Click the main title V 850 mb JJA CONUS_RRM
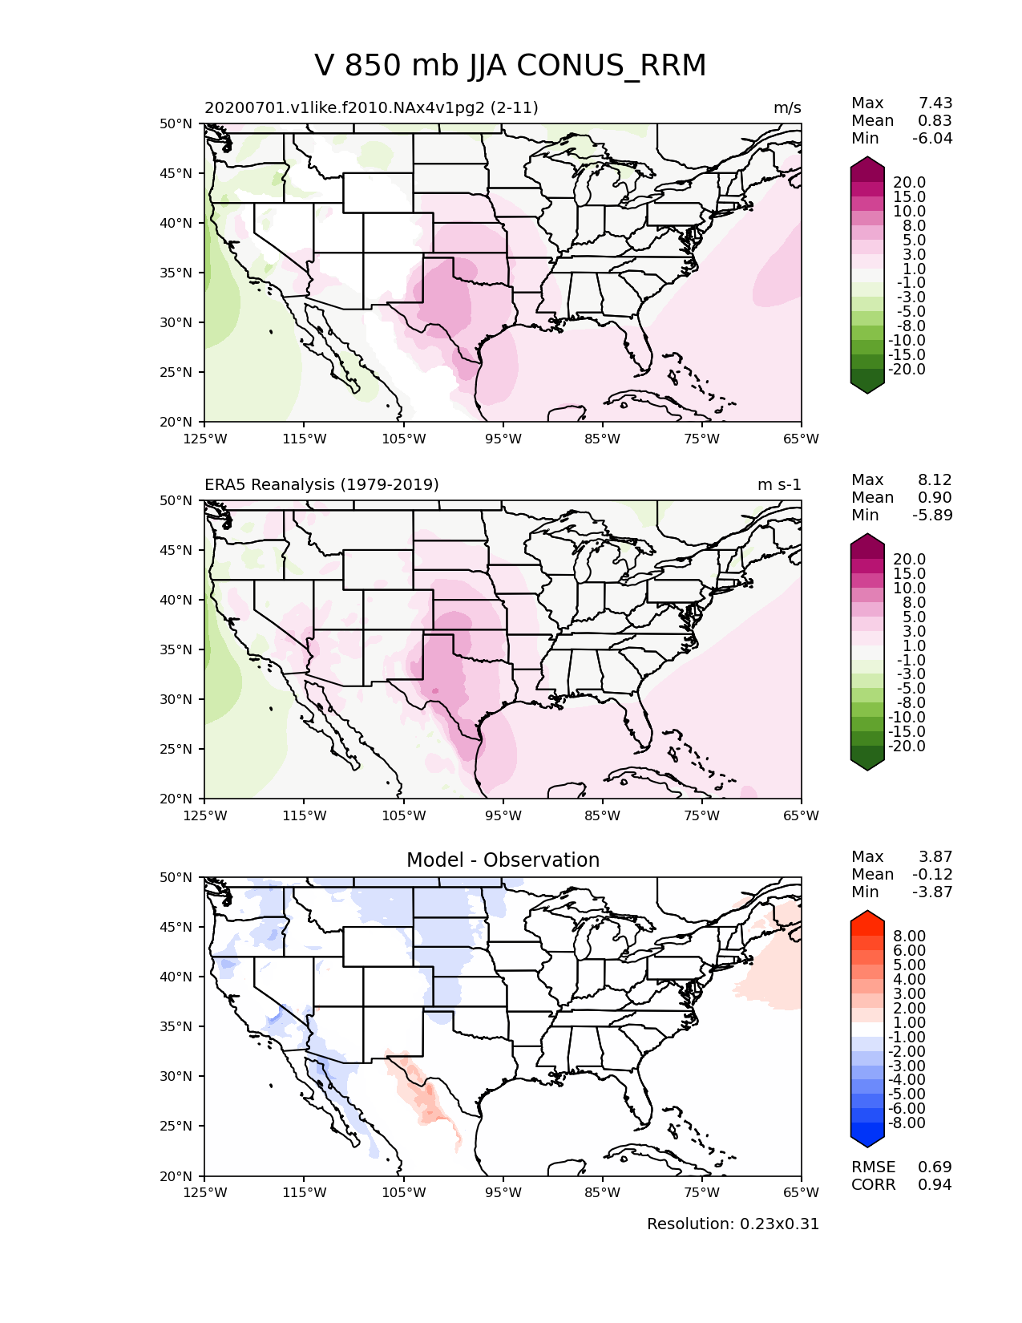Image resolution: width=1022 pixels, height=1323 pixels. (511, 66)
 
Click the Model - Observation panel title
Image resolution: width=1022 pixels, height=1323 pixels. (503, 860)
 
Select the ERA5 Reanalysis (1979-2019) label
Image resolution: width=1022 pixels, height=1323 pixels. (321, 485)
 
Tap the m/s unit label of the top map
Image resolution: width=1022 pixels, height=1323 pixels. (787, 108)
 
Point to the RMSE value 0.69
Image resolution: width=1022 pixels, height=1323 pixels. (935, 1167)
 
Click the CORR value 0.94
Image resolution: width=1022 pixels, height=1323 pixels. (935, 1185)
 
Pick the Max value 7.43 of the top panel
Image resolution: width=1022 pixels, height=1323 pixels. (935, 103)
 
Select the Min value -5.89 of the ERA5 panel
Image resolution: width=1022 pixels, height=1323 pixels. (932, 516)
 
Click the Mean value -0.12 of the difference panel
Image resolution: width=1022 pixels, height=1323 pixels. (932, 875)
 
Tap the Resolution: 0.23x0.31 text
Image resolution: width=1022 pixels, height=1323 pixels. (733, 1224)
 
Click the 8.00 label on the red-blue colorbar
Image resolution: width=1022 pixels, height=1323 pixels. (909, 937)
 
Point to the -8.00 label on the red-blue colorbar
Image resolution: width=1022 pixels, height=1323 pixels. (907, 1123)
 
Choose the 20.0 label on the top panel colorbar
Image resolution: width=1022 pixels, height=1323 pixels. (909, 183)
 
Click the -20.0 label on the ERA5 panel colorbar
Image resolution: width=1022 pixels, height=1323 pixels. (907, 746)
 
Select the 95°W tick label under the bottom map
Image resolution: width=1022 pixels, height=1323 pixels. (503, 1193)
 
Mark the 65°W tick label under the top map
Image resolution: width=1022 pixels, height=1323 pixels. (801, 439)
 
